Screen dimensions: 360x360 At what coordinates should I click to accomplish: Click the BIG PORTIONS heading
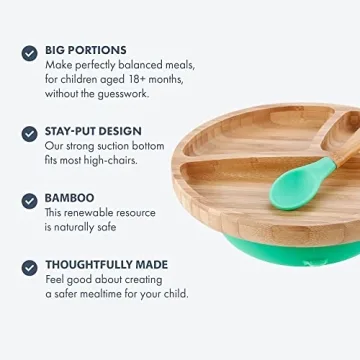click(85, 48)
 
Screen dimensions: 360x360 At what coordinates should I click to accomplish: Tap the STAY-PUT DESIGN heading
click(93, 131)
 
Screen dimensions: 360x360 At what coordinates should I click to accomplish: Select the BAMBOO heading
click(69, 199)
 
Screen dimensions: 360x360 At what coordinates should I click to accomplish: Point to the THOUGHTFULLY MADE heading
click(106, 265)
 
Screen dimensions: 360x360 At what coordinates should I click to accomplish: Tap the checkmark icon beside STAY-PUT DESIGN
click(29, 132)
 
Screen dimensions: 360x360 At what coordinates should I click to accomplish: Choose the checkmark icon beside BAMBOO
click(29, 200)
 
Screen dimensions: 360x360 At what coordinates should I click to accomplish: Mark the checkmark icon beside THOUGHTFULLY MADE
click(29, 266)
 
